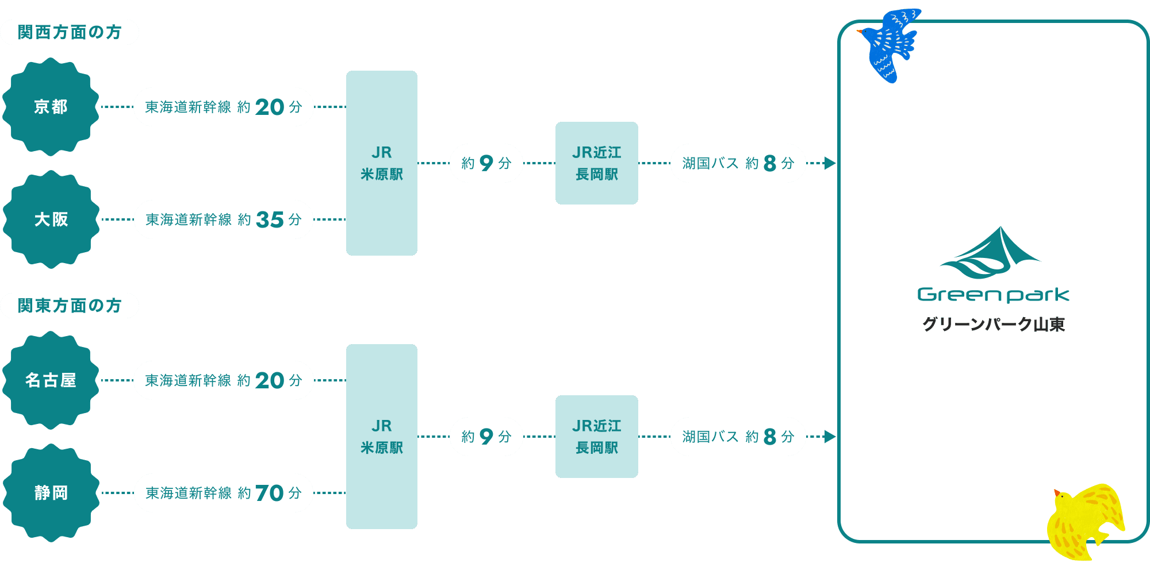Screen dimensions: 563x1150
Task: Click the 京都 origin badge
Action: click(51, 107)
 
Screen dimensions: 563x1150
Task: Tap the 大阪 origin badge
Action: click(51, 219)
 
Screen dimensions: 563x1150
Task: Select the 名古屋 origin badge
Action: click(51, 380)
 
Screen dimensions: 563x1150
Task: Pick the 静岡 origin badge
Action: click(51, 493)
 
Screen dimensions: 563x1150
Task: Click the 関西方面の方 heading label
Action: click(70, 32)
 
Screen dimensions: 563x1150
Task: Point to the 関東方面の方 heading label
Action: click(70, 306)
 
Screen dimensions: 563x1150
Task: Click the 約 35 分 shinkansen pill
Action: click(224, 219)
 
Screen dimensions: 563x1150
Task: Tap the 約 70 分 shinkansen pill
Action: click(224, 493)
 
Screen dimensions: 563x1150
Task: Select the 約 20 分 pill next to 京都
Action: click(224, 107)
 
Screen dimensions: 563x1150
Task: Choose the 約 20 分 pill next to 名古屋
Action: click(224, 380)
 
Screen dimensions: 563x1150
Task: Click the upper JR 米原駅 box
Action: click(382, 163)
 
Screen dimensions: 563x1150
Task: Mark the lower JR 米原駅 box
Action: click(382, 437)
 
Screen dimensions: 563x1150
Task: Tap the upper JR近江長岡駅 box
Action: click(597, 163)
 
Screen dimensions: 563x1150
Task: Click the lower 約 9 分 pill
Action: click(486, 437)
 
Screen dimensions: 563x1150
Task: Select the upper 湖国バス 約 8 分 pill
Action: click(738, 163)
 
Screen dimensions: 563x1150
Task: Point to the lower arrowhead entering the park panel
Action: click(828, 437)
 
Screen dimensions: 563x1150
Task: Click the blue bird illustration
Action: click(889, 45)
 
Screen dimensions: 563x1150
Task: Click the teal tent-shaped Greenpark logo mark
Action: click(990, 253)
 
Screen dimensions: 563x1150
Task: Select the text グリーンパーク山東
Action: click(994, 325)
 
